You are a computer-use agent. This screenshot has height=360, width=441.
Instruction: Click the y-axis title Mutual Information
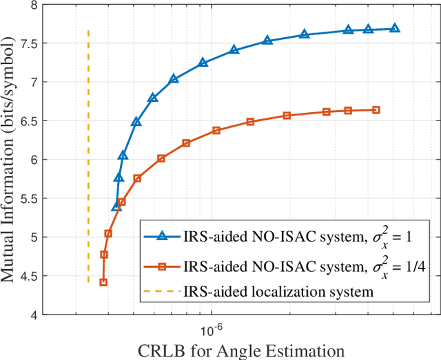point(12,160)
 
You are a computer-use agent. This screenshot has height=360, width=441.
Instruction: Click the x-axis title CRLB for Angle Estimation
point(241,350)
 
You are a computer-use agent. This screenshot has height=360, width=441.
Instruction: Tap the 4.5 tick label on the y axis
point(30,277)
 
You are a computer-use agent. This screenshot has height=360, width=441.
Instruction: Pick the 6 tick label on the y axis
point(34,160)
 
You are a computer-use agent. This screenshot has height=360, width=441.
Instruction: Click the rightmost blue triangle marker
point(394,29)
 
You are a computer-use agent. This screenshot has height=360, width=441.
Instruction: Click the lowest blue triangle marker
point(116,207)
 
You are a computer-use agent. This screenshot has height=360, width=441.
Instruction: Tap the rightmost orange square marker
point(376,109)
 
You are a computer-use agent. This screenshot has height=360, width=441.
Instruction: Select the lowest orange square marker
point(103,282)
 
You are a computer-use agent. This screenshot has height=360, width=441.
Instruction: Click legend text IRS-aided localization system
point(278,291)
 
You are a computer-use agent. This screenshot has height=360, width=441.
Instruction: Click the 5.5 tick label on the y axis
point(30,199)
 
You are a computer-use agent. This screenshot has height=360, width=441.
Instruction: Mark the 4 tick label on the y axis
point(34,315)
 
